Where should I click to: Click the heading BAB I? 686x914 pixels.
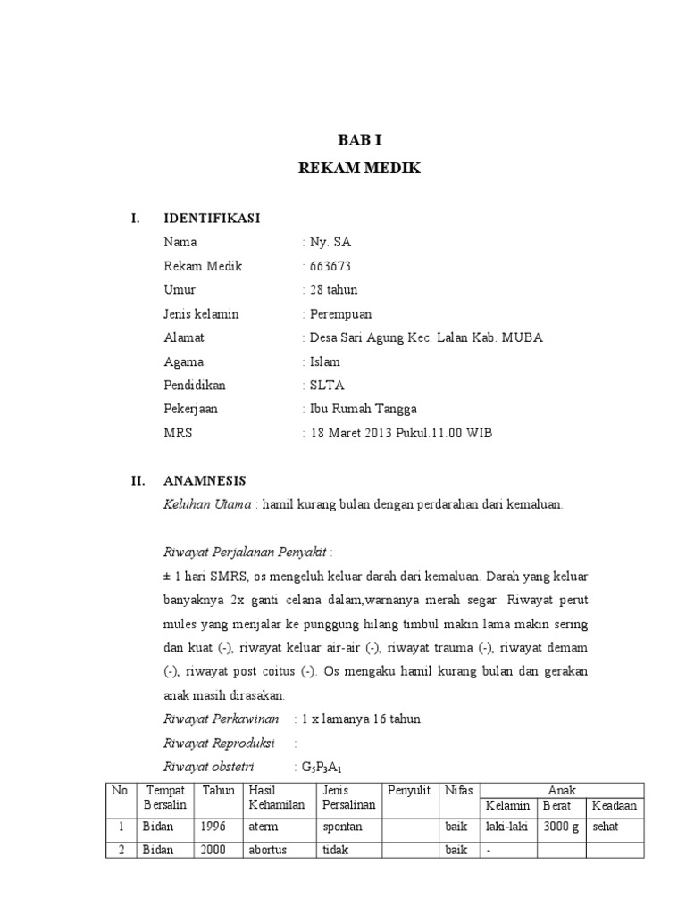pyautogui.click(x=352, y=140)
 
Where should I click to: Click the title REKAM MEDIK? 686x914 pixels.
pyautogui.click(x=352, y=168)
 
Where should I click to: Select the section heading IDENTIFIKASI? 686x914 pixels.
pyautogui.click(x=212, y=219)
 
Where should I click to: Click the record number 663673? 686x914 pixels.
pyautogui.click(x=330, y=266)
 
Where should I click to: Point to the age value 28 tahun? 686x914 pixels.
pyautogui.click(x=333, y=290)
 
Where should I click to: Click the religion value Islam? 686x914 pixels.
pyautogui.click(x=324, y=361)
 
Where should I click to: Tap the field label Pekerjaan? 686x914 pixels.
pyautogui.click(x=191, y=410)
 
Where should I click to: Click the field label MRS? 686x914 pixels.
pyautogui.click(x=178, y=434)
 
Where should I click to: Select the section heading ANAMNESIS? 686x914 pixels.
pyautogui.click(x=205, y=480)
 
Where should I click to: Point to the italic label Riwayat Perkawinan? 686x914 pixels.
pyautogui.click(x=222, y=719)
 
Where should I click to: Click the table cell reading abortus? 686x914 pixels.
pyautogui.click(x=268, y=850)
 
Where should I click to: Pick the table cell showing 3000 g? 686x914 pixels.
pyautogui.click(x=559, y=827)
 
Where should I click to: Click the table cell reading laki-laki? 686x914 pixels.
pyautogui.click(x=506, y=827)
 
